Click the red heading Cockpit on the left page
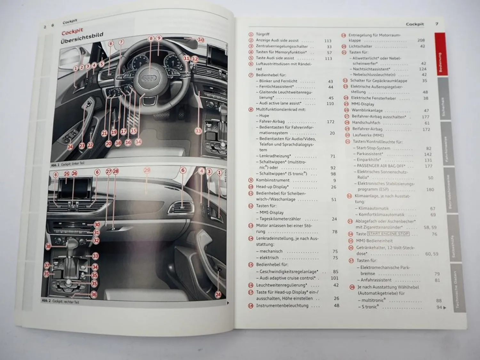(x=72, y=32)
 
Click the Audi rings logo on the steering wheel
(x=149, y=78)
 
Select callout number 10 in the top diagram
(x=201, y=40)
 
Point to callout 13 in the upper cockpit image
(x=198, y=131)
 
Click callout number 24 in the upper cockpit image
(x=70, y=147)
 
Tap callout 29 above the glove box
(x=147, y=171)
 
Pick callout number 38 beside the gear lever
(x=48, y=246)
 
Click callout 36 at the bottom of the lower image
(x=94, y=294)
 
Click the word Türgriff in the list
(x=263, y=34)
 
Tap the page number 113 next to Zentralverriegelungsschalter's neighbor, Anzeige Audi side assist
(x=328, y=41)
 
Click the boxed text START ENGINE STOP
(x=388, y=234)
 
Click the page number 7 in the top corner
(x=437, y=24)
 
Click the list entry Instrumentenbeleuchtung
(x=282, y=306)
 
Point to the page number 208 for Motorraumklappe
(x=421, y=40)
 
